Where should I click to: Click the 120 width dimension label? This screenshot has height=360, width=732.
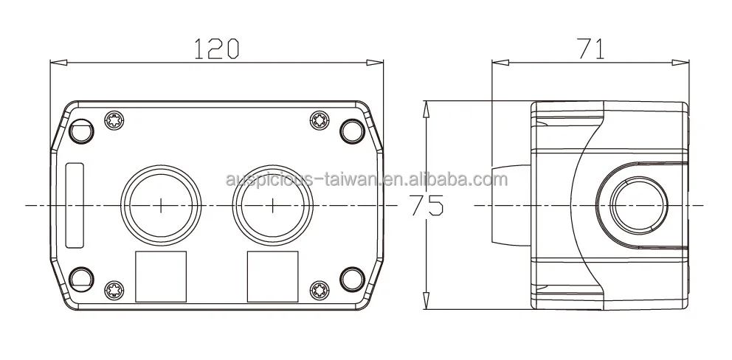[216, 49]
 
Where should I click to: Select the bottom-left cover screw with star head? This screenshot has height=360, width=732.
[115, 289]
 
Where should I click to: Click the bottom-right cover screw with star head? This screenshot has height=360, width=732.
[319, 289]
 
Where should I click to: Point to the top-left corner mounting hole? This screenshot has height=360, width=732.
[81, 131]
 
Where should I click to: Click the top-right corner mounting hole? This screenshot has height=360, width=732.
[352, 131]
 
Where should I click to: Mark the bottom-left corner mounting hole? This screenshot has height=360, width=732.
[81, 278]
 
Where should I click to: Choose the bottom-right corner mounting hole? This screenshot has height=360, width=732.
[352, 278]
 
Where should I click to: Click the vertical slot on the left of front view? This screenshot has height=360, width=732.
[75, 205]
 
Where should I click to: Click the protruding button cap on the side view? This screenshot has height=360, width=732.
[509, 204]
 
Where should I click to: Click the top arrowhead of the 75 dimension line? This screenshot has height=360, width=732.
[425, 108]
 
